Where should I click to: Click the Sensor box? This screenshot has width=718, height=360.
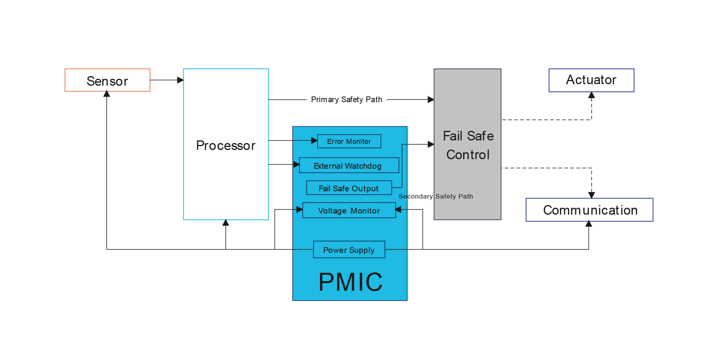[108, 80]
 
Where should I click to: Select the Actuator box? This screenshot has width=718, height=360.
[591, 80]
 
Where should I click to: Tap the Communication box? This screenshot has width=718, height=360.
[589, 210]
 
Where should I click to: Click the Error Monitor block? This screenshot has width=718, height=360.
[349, 141]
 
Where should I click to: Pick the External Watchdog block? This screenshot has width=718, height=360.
[349, 166]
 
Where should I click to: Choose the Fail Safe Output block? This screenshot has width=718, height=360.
[349, 188]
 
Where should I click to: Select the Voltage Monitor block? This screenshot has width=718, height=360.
[349, 210]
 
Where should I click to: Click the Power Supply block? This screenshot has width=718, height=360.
[349, 250]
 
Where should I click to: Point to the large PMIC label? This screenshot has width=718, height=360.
[350, 282]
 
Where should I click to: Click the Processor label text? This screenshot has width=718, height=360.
[226, 145]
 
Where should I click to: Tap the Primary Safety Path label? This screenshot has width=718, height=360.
[346, 99]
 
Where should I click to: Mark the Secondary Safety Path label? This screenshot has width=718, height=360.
[436, 196]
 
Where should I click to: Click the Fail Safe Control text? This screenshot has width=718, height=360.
[468, 145]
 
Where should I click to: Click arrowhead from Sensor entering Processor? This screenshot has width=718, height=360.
[180, 80]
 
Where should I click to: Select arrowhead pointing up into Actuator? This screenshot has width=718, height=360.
[591, 95]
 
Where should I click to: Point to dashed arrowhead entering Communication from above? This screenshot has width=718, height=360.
[591, 195]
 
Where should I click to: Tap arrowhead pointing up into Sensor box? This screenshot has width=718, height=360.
[107, 94]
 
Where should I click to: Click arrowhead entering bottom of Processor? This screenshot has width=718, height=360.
[226, 223]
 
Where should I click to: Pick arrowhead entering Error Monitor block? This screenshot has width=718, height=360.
[314, 141]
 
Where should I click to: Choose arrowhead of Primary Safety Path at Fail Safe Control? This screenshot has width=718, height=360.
[431, 99]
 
